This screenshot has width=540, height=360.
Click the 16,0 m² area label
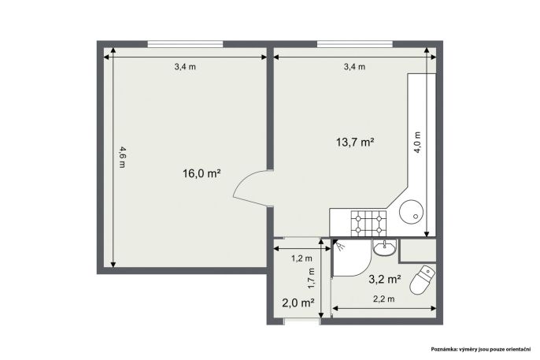click(x=202, y=173)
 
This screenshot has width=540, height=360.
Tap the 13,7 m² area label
click(x=355, y=142)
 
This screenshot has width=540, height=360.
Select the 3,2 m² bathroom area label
click(x=385, y=279)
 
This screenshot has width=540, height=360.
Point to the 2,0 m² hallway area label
click(x=298, y=303)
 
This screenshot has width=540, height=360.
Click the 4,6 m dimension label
click(x=123, y=157)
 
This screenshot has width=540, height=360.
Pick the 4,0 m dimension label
click(x=417, y=143)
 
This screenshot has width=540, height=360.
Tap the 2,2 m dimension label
click(x=384, y=299)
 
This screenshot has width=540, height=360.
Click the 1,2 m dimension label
click(x=301, y=258)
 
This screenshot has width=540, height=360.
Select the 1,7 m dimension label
click(x=312, y=278)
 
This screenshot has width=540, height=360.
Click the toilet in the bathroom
click(x=423, y=280)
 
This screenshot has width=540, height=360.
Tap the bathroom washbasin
click(x=385, y=247)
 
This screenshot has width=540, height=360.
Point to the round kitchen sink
click(x=411, y=212)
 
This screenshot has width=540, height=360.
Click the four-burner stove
click(x=368, y=224)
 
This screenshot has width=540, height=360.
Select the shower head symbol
click(x=340, y=246)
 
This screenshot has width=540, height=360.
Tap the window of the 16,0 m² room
click(x=185, y=44)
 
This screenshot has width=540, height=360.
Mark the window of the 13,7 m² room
click(x=355, y=44)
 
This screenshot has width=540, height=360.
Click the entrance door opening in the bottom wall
click(x=301, y=321)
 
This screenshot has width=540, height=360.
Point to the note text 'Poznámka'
click(x=444, y=349)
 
